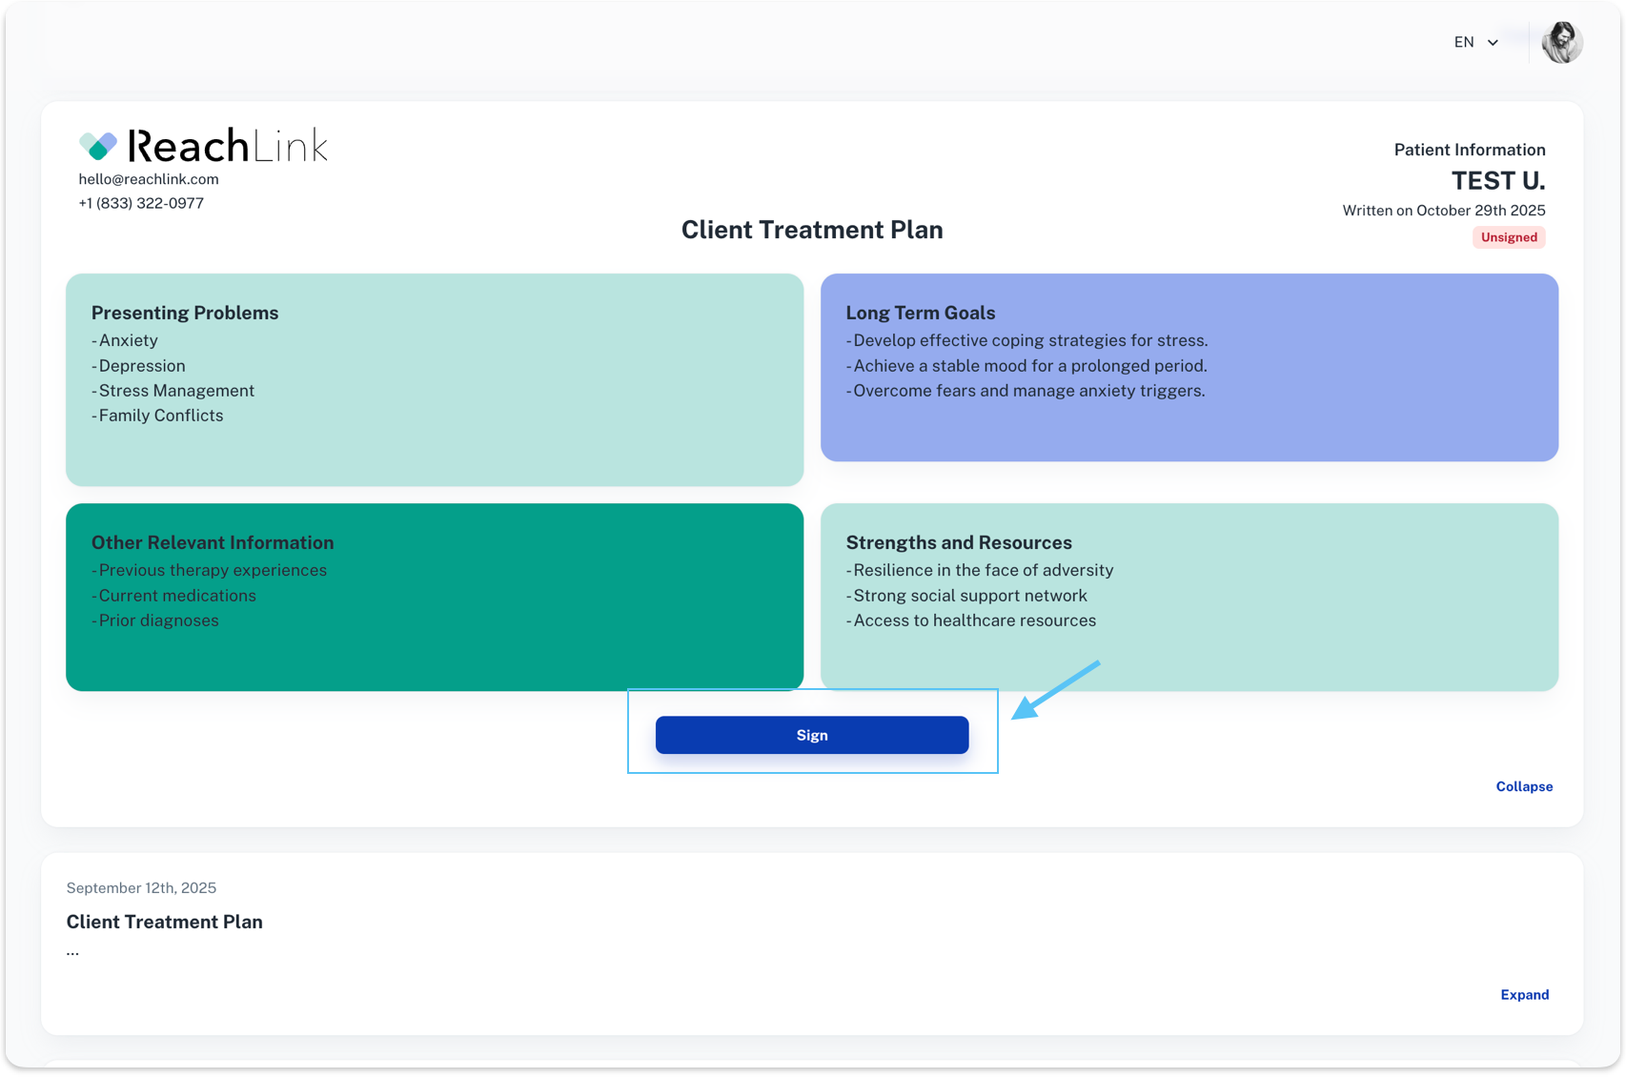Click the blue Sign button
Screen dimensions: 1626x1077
tap(811, 735)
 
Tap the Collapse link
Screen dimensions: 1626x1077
tap(1524, 786)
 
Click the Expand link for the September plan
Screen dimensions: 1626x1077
tap(1524, 994)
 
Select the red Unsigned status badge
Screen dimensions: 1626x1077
tap(1509, 237)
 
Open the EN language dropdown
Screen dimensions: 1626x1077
tap(1475, 42)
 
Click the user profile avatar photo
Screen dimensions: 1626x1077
tap(1562, 42)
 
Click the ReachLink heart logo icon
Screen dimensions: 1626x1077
tap(98, 145)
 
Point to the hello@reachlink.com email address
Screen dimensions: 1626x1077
tap(148, 179)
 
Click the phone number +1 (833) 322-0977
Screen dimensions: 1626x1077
tap(141, 203)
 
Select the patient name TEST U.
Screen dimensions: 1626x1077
tap(1497, 180)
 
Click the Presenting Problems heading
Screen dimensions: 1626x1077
tap(184, 313)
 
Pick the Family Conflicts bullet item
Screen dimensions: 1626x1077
tap(157, 416)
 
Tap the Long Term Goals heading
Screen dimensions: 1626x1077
tap(920, 313)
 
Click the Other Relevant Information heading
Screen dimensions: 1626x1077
tap(212, 542)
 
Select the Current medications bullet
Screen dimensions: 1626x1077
tap(173, 595)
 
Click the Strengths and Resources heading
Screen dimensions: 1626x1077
tap(958, 542)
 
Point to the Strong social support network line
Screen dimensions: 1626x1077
tap(966, 595)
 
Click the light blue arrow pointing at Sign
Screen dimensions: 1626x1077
tap(1056, 689)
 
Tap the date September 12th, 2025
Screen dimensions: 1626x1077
tap(141, 887)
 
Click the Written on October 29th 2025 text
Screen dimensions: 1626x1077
tap(1443, 211)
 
